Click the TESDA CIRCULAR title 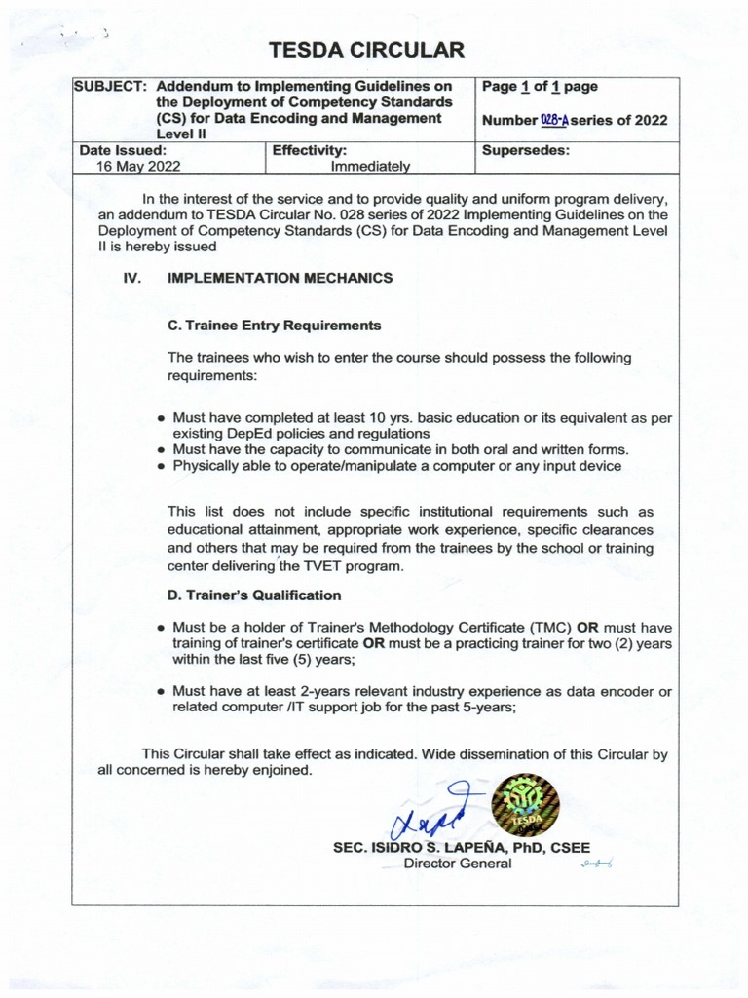[366, 50]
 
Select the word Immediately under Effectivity [371, 167]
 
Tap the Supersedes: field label [526, 151]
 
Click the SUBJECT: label [111, 86]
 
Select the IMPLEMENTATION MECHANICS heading [280, 278]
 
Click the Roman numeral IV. [132, 278]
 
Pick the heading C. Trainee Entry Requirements [274, 326]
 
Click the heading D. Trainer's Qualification [254, 595]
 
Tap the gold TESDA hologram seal [525, 805]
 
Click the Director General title [457, 864]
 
